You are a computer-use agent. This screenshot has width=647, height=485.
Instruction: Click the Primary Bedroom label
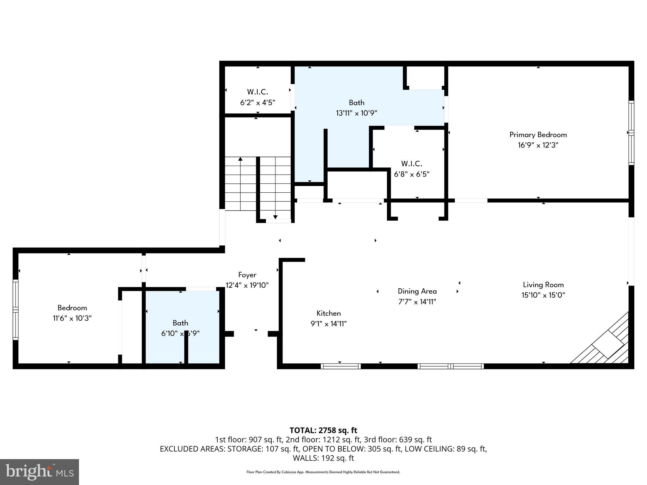pos(538,135)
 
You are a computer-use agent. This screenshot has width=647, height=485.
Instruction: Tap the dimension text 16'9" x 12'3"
pos(538,145)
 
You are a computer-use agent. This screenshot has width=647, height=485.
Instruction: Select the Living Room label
pos(543,285)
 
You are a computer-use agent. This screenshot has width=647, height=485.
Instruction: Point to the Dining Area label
pos(417,291)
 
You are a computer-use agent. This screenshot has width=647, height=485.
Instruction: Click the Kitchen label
pos(329,313)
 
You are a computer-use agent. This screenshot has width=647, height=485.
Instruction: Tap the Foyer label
pos(247,275)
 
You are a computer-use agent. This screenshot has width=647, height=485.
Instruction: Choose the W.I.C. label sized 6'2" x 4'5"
pos(257,92)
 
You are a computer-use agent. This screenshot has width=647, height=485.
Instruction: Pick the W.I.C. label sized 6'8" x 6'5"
pos(412,164)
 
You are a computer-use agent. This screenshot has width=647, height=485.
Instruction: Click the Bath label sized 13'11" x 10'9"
pos(356,103)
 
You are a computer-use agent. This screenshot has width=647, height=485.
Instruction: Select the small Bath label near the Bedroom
pos(180,323)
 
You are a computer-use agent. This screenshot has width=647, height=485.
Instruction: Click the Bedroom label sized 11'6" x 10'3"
pos(72,308)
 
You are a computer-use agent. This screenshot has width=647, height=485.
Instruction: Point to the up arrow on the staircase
pos(240,159)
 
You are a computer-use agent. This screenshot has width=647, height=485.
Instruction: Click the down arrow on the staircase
pos(275,217)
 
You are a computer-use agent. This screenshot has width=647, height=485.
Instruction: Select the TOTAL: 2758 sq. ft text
pos(323,430)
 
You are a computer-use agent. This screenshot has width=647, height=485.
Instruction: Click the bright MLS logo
pos(39,472)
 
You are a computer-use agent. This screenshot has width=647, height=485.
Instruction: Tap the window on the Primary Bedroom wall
pos(631,133)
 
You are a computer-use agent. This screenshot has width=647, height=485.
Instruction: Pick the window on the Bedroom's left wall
pos(15,309)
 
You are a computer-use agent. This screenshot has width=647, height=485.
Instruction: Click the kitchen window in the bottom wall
pos(341,366)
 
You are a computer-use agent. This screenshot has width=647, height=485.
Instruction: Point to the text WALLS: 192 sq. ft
pos(323,458)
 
